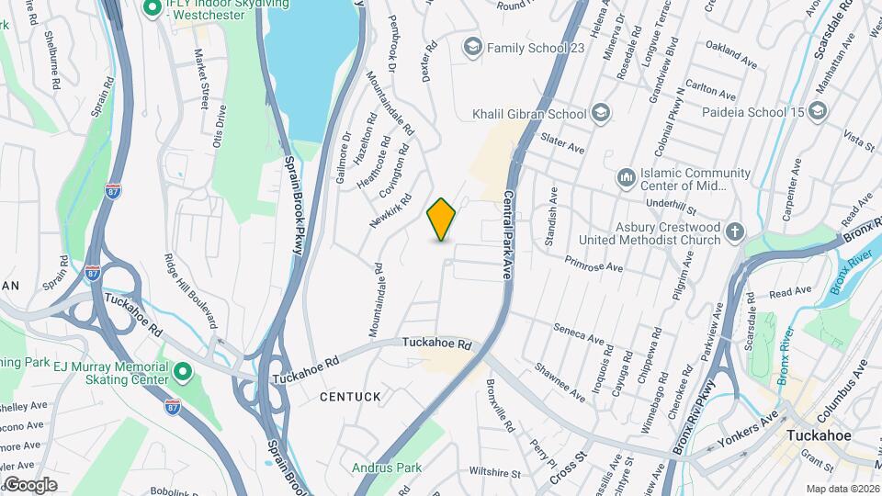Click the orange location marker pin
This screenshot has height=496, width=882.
click(x=442, y=220)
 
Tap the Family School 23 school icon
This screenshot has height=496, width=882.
click(x=472, y=47)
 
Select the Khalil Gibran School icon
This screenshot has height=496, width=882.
click(x=601, y=114)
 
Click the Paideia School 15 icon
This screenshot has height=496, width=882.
click(x=819, y=112)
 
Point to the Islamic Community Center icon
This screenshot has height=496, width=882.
click(x=627, y=175)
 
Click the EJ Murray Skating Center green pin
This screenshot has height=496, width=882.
click(x=183, y=372)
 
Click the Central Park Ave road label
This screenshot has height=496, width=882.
click(x=508, y=234)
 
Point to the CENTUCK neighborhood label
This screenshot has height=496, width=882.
click(x=350, y=396)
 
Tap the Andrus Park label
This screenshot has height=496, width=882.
click(x=387, y=468)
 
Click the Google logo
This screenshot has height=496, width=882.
click(x=29, y=484)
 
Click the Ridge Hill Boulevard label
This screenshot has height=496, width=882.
click(x=190, y=292)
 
